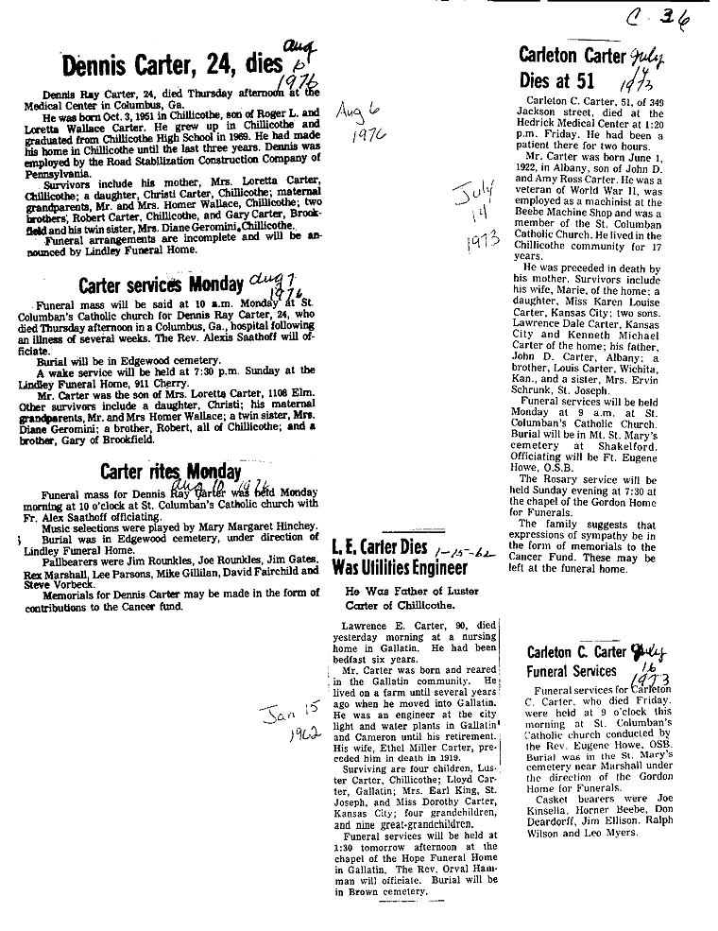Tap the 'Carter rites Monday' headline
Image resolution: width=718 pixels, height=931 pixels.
coord(170,472)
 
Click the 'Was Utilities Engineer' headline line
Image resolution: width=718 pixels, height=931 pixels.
coord(400,568)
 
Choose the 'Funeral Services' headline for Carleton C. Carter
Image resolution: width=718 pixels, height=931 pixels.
coord(573,671)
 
